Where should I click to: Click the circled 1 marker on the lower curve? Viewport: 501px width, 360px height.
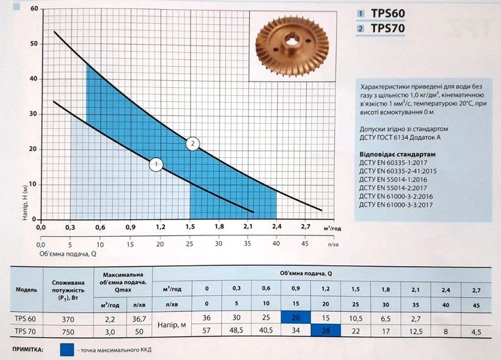tap(157, 165)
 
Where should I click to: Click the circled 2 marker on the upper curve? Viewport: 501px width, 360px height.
tap(193, 143)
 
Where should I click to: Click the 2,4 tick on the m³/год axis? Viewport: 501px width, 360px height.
tap(277, 227)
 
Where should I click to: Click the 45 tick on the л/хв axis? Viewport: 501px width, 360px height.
tap(305, 244)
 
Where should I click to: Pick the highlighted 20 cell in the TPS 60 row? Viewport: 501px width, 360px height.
tap(296, 317)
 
